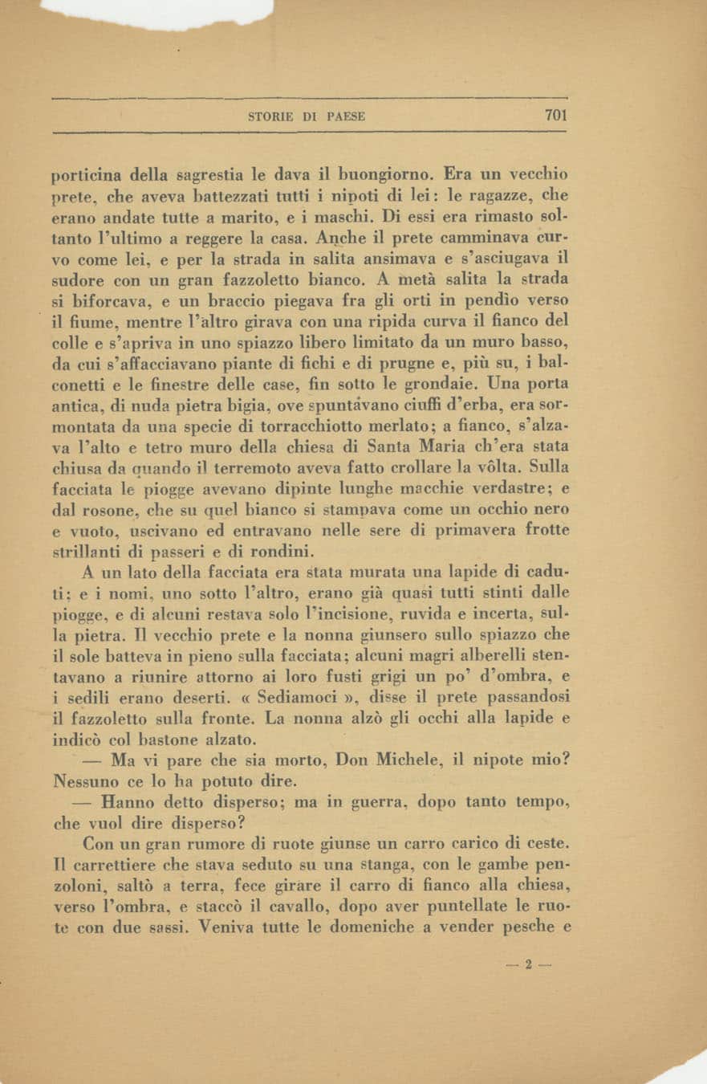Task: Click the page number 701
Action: point(555,115)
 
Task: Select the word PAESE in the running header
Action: point(346,116)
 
